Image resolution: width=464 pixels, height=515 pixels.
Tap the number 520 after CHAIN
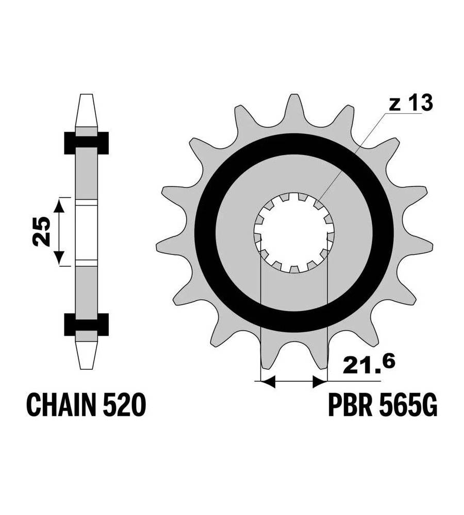[x=124, y=405]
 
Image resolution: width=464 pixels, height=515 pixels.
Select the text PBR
[x=350, y=405]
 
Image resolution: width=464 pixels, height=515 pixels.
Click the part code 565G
[x=408, y=405]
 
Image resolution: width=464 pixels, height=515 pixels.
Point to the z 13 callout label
[x=411, y=103]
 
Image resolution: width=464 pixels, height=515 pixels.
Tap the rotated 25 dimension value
[x=42, y=231]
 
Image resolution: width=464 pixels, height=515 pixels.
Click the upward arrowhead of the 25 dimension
[x=59, y=205]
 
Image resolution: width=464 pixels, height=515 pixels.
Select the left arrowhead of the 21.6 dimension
[x=268, y=382]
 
